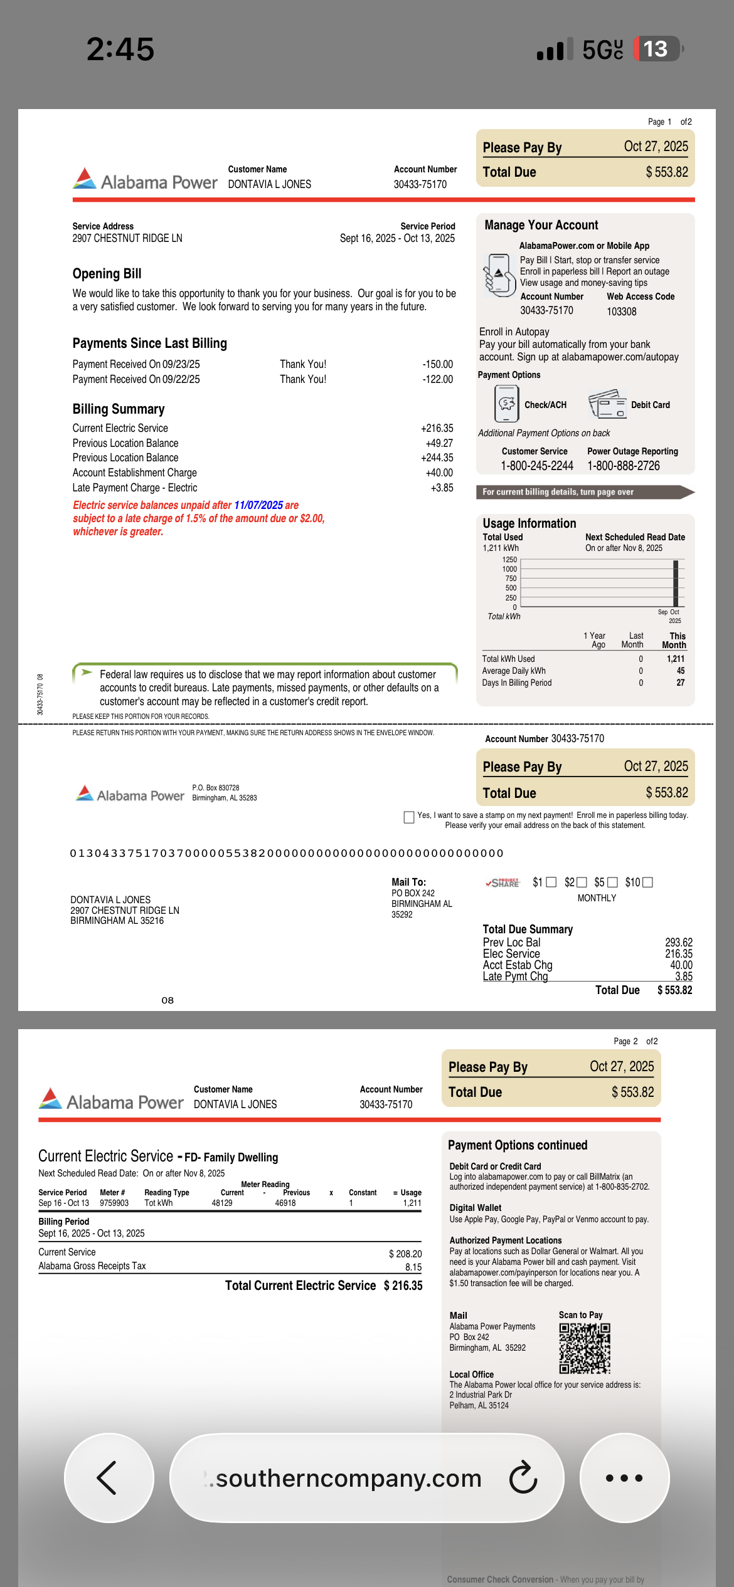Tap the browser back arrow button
[108, 1478]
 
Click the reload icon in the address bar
[523, 1478]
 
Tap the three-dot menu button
[624, 1478]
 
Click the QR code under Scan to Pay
[585, 1348]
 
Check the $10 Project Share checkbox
[648, 883]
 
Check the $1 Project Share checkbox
[551, 883]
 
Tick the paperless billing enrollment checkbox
[409, 817]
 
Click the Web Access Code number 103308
[621, 312]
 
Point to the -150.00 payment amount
[437, 364]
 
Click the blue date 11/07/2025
[258, 505]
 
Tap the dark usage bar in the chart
[676, 584]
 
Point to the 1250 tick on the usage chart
[509, 560]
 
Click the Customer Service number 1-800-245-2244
[537, 466]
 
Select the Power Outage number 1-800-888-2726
[624, 466]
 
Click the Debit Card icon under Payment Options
[607, 405]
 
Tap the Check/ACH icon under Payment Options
[507, 404]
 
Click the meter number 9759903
[114, 1203]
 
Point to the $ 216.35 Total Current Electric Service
[403, 1286]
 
